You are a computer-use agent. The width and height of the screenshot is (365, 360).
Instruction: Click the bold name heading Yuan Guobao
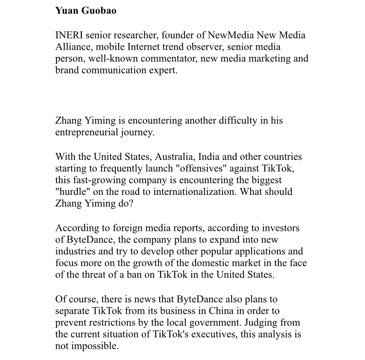[x=86, y=11]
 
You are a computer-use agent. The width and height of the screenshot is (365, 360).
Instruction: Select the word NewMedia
[x=229, y=36]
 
